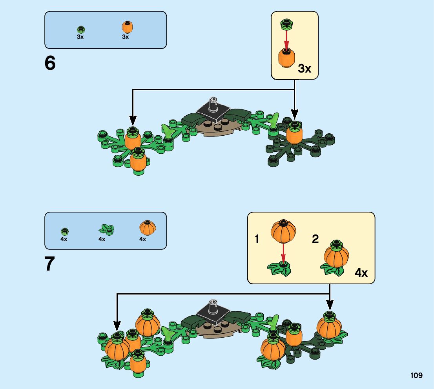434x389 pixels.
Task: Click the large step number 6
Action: point(50,64)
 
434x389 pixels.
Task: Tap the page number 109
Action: point(416,376)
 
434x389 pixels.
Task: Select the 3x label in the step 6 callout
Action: point(305,69)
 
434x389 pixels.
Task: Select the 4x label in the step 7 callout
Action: point(361,273)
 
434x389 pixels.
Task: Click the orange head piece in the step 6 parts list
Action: point(126,28)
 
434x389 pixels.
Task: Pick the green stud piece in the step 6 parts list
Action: point(81,29)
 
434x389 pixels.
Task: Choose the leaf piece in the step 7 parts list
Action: point(104,229)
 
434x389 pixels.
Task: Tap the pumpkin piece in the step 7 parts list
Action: point(148,228)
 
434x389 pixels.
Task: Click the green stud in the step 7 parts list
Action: point(65,231)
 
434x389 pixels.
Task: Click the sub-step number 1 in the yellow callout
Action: point(257,239)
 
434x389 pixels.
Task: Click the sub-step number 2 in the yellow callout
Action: point(315,239)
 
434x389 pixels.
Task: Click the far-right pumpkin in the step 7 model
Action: point(329,326)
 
